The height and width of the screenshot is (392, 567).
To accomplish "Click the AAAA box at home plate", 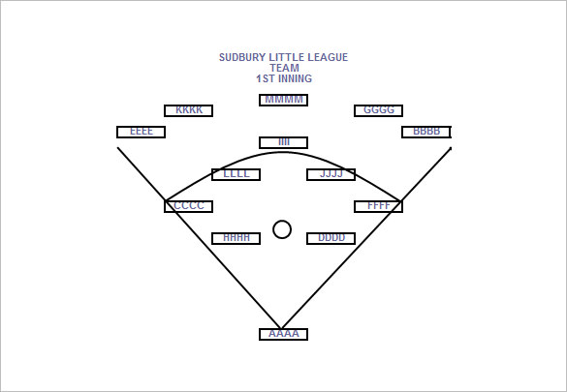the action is (283, 334).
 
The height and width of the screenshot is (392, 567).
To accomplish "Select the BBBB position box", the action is (426, 132).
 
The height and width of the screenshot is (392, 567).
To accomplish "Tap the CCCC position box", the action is (188, 206).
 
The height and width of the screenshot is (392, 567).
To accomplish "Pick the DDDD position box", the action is (331, 239).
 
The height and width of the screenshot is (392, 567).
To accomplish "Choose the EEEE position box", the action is (142, 132).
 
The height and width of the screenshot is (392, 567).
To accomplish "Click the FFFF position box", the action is (379, 206).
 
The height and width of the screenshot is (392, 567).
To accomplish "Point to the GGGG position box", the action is (379, 110).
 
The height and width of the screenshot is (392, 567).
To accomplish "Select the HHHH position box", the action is (236, 239).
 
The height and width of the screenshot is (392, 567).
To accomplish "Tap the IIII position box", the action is (283, 142).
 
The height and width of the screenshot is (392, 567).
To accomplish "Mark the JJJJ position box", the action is (331, 174).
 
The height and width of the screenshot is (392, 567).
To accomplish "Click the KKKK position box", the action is (188, 110).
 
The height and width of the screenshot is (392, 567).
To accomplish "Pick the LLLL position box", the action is (236, 174).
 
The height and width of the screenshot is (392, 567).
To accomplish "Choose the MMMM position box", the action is (283, 100).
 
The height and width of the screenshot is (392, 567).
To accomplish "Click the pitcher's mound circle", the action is (282, 221).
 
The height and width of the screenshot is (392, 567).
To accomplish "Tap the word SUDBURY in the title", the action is (237, 57).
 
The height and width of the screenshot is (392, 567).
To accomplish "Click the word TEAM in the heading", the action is (284, 68).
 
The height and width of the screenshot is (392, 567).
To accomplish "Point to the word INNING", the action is (295, 78).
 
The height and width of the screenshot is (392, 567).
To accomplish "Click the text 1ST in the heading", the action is (266, 78).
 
